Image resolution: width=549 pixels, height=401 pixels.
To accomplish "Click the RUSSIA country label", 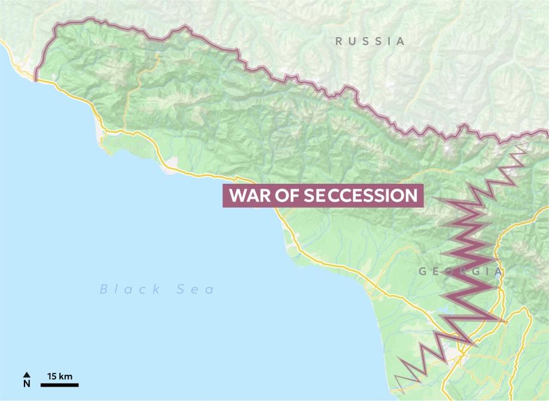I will pos(370,41).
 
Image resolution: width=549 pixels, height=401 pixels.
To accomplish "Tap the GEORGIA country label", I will pos(460,272).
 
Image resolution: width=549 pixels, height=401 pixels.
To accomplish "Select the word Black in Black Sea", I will pos(130,290).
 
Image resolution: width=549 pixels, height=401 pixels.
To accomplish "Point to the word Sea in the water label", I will pos(196,290).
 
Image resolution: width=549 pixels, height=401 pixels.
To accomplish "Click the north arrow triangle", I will pos(26,375).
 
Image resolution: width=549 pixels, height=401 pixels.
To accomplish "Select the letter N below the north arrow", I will pos(26,384).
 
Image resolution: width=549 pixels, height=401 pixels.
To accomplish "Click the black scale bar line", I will pos(60,385).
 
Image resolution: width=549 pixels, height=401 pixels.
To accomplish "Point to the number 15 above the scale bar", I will pos(52,376).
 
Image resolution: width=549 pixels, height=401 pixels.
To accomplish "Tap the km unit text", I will pos(66,376).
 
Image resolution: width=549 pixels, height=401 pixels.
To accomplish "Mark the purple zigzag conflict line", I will pos(472,263).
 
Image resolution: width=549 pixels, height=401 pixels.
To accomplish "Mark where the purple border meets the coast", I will pos(36,81).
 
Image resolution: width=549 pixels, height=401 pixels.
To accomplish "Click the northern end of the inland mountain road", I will pos(157,55).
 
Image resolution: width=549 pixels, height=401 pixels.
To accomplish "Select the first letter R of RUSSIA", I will pos(339,41).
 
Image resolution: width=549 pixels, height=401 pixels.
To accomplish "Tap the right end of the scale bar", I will pos(78,385).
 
